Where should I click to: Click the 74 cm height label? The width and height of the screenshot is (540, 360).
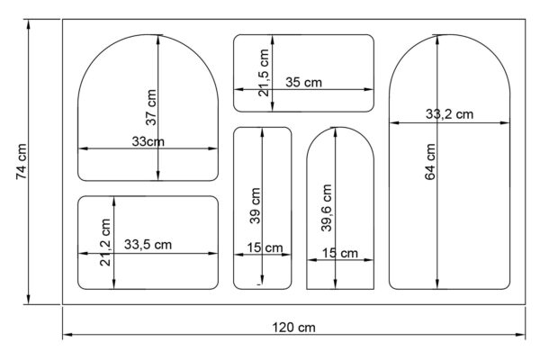pyautogui.click(x=21, y=161)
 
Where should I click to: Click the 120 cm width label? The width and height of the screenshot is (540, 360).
pyautogui.click(x=293, y=328)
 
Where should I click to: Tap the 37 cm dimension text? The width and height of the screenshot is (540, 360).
pyautogui.click(x=151, y=107)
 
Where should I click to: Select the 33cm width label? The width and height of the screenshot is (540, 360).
pyautogui.click(x=148, y=141)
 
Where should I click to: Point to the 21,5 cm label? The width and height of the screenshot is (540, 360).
pyautogui.click(x=264, y=72)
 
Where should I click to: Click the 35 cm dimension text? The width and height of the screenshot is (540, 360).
pyautogui.click(x=304, y=82)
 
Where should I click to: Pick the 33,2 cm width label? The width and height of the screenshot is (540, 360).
pyautogui.click(x=449, y=113)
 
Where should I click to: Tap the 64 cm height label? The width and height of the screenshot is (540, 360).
pyautogui.click(x=430, y=162)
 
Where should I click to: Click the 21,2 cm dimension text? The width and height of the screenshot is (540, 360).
pyautogui.click(x=105, y=242)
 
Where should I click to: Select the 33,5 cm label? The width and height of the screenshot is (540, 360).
pyautogui.click(x=148, y=245)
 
